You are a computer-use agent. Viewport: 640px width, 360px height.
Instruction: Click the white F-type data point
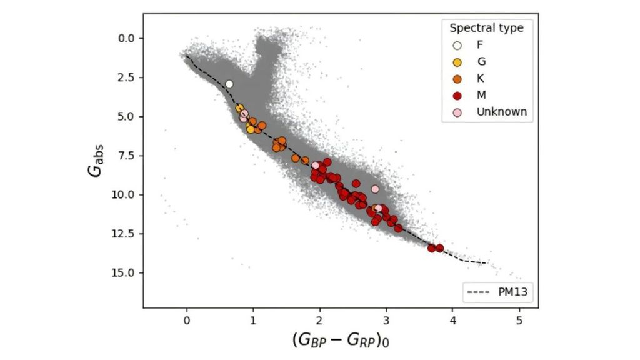[229, 84]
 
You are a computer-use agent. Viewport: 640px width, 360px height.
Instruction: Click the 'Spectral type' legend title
[486, 28]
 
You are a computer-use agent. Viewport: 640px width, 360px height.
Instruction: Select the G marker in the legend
[457, 62]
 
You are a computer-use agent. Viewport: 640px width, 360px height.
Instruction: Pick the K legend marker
[457, 79]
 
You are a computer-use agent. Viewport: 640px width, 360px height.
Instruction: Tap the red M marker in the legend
[457, 96]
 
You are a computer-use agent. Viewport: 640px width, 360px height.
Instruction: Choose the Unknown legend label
[501, 112]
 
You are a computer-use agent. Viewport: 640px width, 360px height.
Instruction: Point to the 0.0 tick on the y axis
[127, 38]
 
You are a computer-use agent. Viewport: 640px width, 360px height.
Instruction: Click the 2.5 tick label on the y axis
[127, 77]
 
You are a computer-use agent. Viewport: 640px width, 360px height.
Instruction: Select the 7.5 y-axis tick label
[127, 156]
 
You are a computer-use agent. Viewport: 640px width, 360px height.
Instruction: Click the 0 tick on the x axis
[187, 321]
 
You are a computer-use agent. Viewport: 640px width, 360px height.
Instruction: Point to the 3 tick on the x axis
[386, 321]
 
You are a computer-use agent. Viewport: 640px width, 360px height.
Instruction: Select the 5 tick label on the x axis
[519, 321]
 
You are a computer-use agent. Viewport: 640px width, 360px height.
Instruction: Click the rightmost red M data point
[440, 248]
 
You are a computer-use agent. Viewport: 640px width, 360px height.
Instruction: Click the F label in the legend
[479, 45]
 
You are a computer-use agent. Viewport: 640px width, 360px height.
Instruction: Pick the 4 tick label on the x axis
[452, 321]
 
